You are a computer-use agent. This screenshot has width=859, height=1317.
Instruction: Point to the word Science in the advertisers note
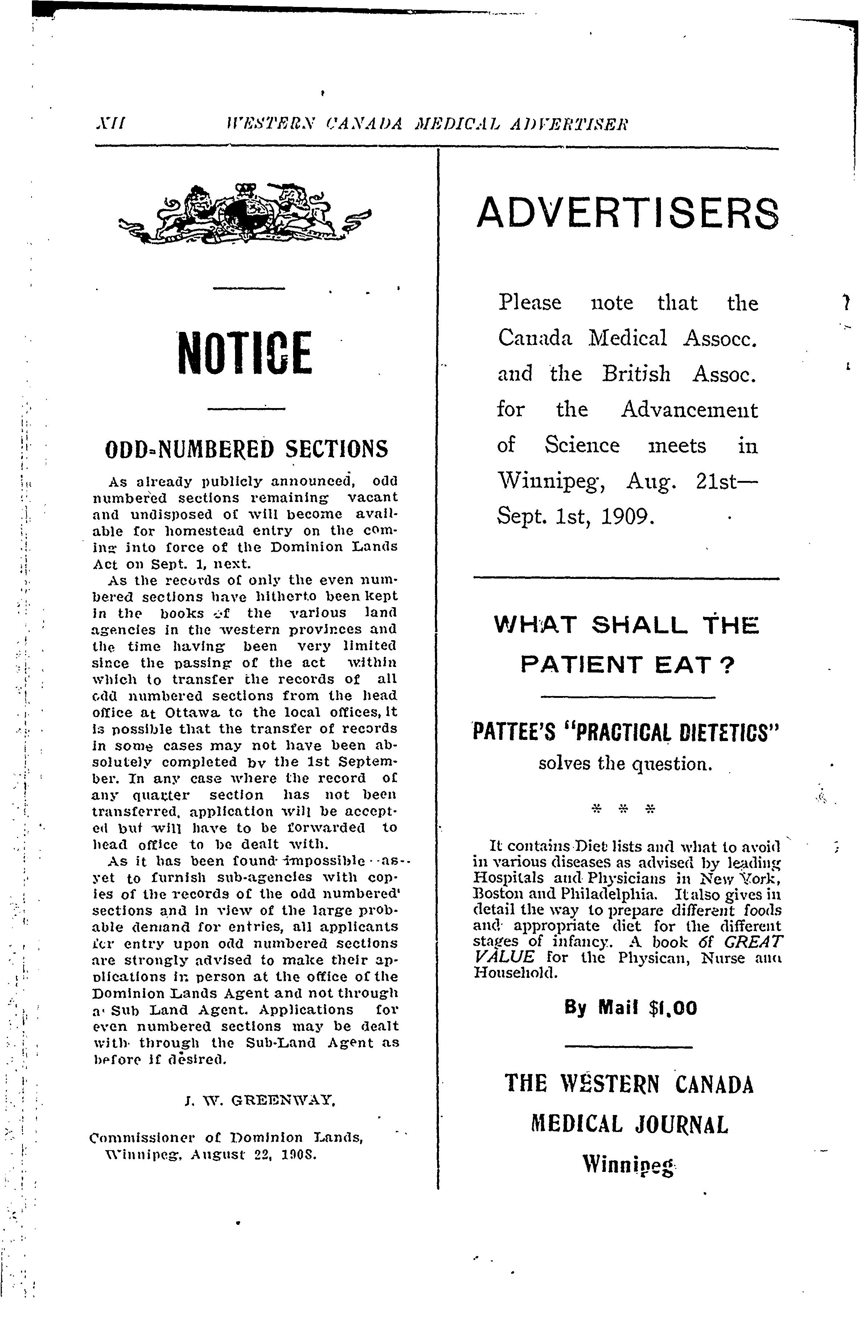582,445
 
